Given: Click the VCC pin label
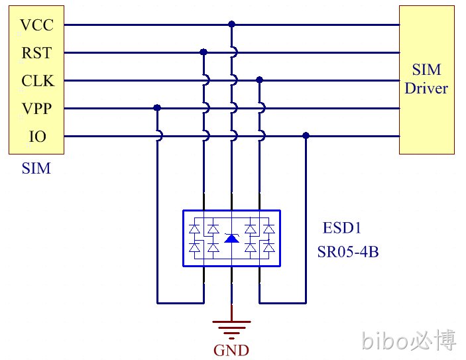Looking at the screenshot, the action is pos(36,25).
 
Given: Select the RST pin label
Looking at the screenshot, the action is pos(36,53).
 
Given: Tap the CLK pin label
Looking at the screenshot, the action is pos(38,81).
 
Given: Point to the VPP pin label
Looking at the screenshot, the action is pos(36,109).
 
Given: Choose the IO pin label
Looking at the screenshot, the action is pos(37,137).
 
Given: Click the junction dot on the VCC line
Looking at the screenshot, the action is pos(231,24).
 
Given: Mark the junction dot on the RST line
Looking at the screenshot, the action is pos(204,52).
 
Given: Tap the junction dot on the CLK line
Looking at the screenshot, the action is pos(259,80).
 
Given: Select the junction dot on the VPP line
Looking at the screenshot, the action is pos(157,107).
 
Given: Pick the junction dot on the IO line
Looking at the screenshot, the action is pos(306,135).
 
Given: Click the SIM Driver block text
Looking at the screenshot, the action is pos(426,79).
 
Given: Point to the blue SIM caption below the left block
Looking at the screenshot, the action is pos(36,168).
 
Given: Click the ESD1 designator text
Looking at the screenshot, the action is pos(342,228).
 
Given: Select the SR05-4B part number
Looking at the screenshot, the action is pos(348,252).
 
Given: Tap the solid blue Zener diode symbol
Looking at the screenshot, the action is pos(231,239).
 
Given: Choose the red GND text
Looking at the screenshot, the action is pos(231,351).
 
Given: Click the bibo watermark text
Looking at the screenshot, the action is pos(408,340).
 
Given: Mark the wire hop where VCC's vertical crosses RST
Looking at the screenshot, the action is pos(235,52).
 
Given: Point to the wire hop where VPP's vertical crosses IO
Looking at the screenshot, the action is pos(160,136).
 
